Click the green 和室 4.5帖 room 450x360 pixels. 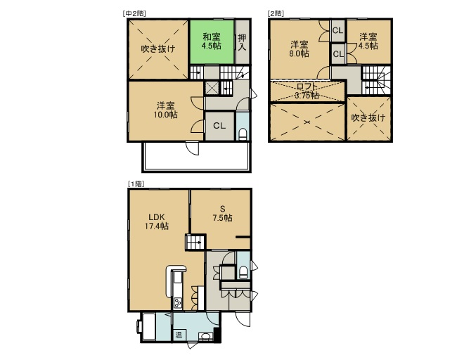pyautogui.click(x=212, y=42)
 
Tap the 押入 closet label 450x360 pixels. pyautogui.click(x=242, y=42)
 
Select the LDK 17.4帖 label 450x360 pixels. pyautogui.click(x=156, y=221)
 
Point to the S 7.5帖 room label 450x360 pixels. pyautogui.click(x=222, y=214)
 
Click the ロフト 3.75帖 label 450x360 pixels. pyautogui.click(x=307, y=91)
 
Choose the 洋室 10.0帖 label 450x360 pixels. pyautogui.click(x=166, y=110)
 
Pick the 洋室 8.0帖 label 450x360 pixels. pyautogui.click(x=300, y=49)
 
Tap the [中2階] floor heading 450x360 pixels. pyautogui.click(x=134, y=13)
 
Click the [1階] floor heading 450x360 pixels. pyautogui.click(x=136, y=184)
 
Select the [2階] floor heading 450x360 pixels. pyautogui.click(x=276, y=13)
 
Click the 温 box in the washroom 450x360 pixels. pyautogui.click(x=179, y=335)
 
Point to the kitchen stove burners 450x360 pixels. pyautogui.click(x=177, y=303)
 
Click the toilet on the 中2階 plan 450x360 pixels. pyautogui.click(x=243, y=134)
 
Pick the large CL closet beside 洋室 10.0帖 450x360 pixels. pyautogui.click(x=220, y=126)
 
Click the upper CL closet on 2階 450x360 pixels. pyautogui.click(x=337, y=30)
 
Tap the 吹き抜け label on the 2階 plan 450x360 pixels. pyautogui.click(x=368, y=117)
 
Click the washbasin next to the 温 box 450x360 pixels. pyautogui.click(x=205, y=336)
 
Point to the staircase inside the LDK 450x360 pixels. pyautogui.click(x=195, y=242)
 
